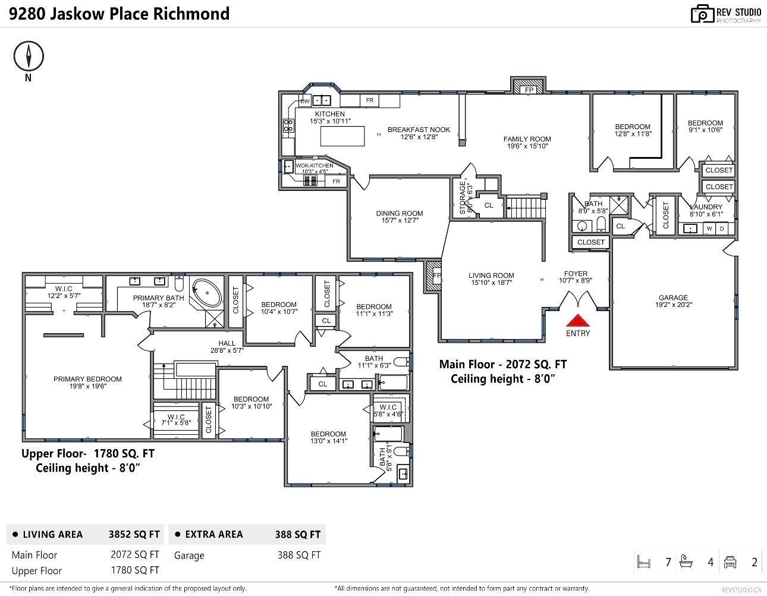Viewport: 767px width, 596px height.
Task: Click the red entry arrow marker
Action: (x=578, y=319)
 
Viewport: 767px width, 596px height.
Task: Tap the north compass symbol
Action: (x=29, y=57)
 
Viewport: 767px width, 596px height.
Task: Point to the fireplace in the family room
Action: (x=528, y=87)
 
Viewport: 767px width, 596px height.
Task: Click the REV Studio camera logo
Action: (x=702, y=14)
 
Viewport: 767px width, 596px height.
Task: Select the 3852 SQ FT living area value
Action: (x=134, y=534)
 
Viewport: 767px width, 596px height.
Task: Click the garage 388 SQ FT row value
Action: (x=298, y=555)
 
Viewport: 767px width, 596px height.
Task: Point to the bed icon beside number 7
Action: (x=643, y=562)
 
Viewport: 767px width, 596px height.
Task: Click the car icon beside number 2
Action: (x=730, y=562)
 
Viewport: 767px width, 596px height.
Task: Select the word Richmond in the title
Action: (x=191, y=14)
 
